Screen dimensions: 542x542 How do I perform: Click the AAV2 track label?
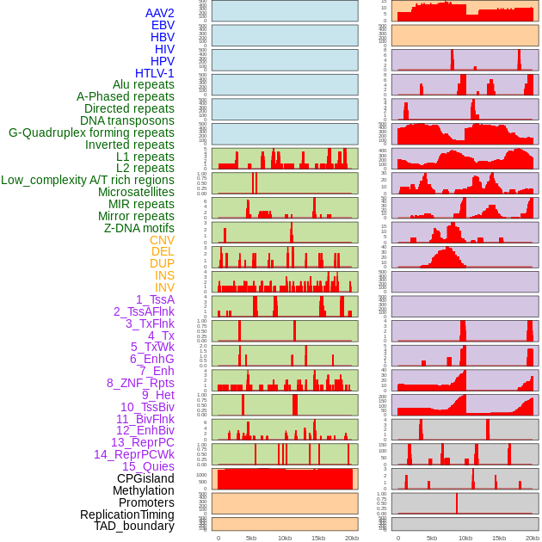(x=159, y=13)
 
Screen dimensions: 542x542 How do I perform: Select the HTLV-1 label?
(x=154, y=73)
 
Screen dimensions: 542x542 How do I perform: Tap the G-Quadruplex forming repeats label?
(x=91, y=132)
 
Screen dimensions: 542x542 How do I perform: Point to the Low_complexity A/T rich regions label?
(x=88, y=180)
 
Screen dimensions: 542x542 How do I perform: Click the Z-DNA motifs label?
(x=139, y=228)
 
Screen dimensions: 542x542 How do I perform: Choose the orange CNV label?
(x=162, y=240)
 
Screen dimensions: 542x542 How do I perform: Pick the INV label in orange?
(x=163, y=287)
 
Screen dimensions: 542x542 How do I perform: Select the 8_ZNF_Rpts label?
(x=140, y=383)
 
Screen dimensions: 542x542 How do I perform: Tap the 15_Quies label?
(x=148, y=466)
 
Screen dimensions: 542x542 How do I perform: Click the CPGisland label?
(x=145, y=478)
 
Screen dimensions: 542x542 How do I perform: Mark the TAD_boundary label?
(x=134, y=526)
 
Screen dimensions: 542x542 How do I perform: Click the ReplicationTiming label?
(x=127, y=514)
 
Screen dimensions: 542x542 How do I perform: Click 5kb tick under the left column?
(x=251, y=538)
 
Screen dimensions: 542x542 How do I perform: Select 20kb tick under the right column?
(x=533, y=538)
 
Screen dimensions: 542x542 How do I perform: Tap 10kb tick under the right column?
(x=465, y=538)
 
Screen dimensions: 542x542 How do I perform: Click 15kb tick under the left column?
(x=317, y=538)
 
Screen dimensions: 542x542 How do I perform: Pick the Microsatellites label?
(x=136, y=192)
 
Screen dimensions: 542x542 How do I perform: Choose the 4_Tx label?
(x=161, y=336)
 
